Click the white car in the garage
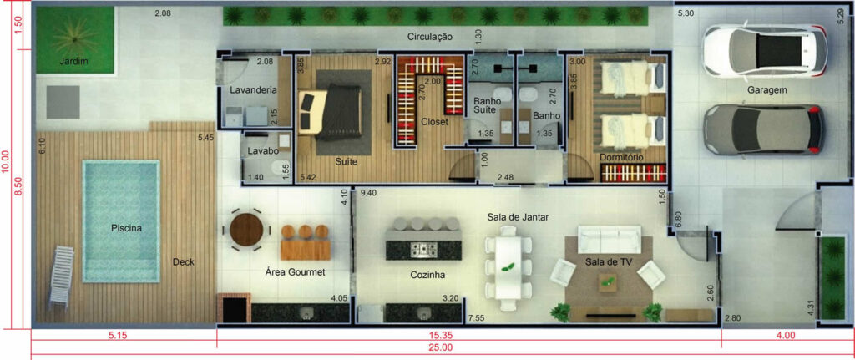[x=765, y=50]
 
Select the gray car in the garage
[x=763, y=129]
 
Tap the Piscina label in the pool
[x=127, y=229]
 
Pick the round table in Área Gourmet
[x=246, y=230]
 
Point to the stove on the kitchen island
[x=423, y=250]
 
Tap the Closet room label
[x=434, y=122]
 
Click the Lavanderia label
[x=253, y=90]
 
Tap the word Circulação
[x=430, y=37]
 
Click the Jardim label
[x=74, y=61]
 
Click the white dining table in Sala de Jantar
[x=508, y=267]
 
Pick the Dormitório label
[x=621, y=157]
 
